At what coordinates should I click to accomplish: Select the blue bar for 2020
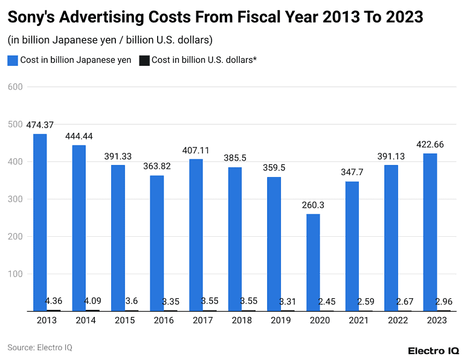tap(313, 262)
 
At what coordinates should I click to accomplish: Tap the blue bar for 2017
tap(196, 235)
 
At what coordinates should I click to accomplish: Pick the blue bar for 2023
tap(430, 232)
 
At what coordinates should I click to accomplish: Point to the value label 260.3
tap(313, 205)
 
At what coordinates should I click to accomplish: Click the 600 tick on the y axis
tap(15, 87)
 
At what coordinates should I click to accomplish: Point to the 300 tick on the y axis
tap(15, 199)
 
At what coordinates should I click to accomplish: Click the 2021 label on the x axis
tap(358, 320)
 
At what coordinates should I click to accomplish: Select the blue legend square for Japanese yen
tap(13, 60)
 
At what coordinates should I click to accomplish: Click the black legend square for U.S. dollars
tap(144, 60)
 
